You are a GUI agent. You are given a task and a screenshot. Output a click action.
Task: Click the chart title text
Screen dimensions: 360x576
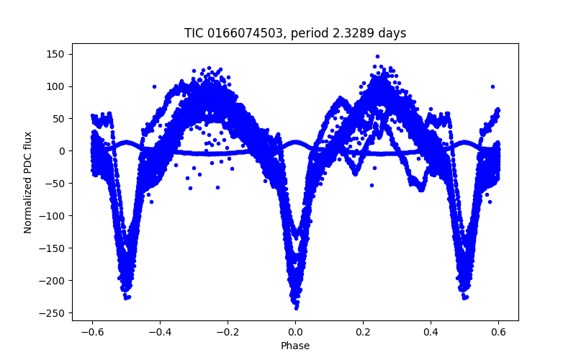pos(295,33)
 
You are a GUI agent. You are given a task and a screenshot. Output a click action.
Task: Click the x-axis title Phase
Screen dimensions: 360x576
pos(295,346)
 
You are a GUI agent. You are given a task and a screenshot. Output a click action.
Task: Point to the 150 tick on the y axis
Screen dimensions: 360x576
pos(56,54)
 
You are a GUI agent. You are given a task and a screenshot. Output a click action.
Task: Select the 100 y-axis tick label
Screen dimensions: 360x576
pos(56,86)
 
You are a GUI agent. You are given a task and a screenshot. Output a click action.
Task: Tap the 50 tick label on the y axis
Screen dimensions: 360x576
pos(59,119)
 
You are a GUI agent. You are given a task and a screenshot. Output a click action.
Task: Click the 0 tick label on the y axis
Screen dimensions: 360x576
pos(62,151)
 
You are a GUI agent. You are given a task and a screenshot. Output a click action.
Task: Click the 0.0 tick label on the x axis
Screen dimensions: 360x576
pos(295,332)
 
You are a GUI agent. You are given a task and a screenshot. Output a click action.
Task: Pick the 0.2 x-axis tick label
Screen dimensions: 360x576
pos(363,332)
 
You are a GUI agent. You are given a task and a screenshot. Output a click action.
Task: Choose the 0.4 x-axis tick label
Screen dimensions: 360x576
pos(431,332)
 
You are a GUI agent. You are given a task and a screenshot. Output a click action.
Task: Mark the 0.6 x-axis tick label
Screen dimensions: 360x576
pos(498,332)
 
